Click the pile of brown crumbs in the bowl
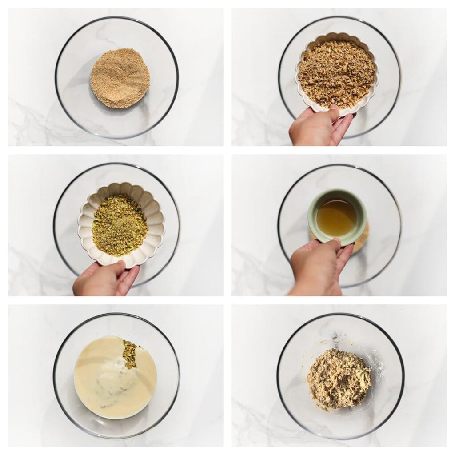120,78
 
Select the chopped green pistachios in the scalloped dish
120,225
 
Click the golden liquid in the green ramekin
336,217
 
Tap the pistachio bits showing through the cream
130,354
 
